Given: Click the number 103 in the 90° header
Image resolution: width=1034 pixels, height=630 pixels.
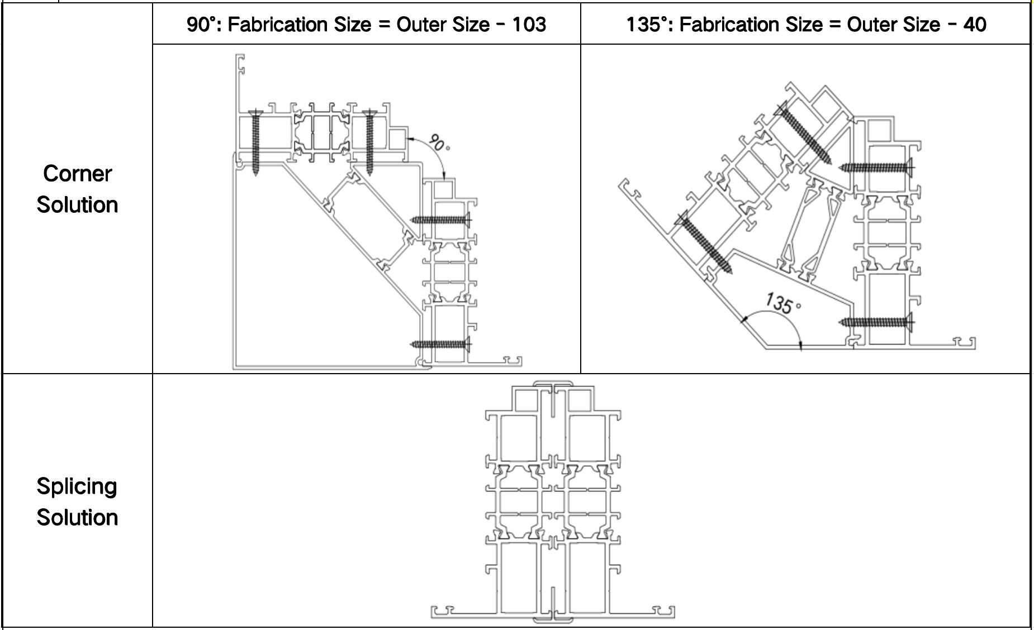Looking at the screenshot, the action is click(x=528, y=25).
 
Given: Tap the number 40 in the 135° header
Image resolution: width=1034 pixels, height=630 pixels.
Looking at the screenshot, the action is click(x=975, y=25).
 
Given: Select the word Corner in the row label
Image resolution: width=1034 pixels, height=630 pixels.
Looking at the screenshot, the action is click(x=78, y=174).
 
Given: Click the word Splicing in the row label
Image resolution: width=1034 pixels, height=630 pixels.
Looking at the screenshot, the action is click(x=77, y=486).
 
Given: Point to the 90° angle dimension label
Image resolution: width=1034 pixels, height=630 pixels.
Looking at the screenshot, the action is click(x=439, y=143).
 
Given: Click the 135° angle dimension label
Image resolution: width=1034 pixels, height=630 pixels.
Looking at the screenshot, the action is click(x=782, y=303).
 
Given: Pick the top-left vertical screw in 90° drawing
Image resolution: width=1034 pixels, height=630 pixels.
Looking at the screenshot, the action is click(x=256, y=142).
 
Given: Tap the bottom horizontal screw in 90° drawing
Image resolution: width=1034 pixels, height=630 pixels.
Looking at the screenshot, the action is click(x=441, y=344).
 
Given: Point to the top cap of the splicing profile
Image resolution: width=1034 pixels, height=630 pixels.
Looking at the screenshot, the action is click(x=553, y=384).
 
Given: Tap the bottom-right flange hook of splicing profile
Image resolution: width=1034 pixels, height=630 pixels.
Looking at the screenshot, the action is click(x=663, y=612).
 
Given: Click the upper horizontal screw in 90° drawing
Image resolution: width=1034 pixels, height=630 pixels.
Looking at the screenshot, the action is click(x=441, y=219).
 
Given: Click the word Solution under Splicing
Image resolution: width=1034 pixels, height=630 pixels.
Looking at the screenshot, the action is click(x=78, y=518).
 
